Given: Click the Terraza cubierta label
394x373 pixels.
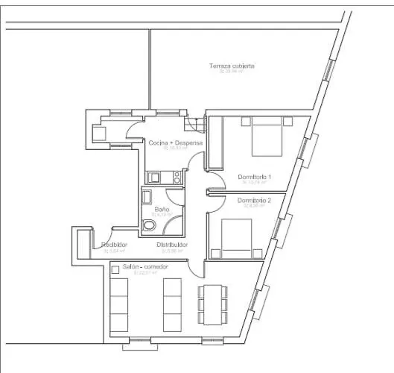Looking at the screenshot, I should click(232, 66).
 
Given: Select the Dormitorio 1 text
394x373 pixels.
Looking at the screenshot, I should click(255, 177).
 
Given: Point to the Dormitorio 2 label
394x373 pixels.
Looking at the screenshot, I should click(254, 201).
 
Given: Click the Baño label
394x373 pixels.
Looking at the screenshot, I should click(162, 210).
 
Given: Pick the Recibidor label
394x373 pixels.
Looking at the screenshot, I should click(114, 245).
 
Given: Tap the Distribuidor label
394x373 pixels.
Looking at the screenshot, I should click(172, 245).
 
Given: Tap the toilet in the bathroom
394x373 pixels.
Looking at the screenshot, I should click(149, 225).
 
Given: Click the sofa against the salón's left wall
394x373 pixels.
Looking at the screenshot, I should click(118, 305).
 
